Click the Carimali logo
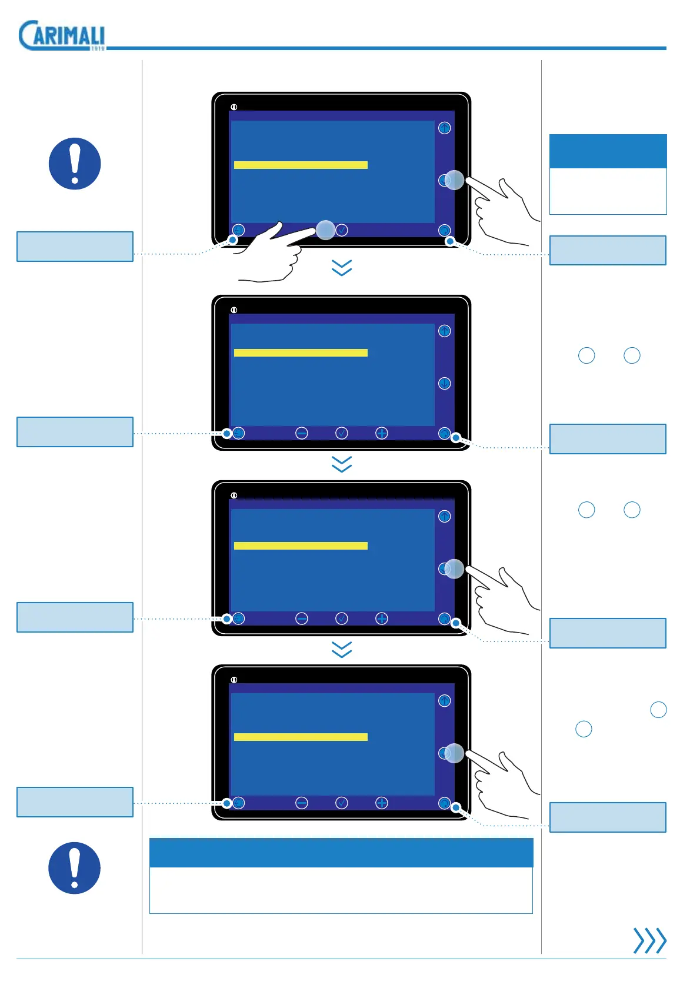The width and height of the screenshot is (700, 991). pyautogui.click(x=62, y=35)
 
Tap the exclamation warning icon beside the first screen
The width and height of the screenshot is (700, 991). pyautogui.click(x=75, y=164)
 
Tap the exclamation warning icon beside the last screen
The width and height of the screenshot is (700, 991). pyautogui.click(x=75, y=868)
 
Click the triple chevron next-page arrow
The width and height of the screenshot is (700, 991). pyautogui.click(x=649, y=940)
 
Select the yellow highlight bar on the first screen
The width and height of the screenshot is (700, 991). pyautogui.click(x=301, y=165)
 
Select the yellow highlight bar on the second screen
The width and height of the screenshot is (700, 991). pyautogui.click(x=301, y=353)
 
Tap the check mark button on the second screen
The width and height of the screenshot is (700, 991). pyautogui.click(x=341, y=433)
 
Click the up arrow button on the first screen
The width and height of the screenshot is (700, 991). pyautogui.click(x=445, y=128)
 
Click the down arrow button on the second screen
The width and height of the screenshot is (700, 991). pyautogui.click(x=445, y=384)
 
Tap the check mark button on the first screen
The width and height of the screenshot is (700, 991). pyautogui.click(x=341, y=230)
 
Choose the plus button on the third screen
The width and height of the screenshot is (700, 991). pyautogui.click(x=382, y=618)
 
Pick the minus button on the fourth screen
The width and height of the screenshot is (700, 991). pyautogui.click(x=302, y=803)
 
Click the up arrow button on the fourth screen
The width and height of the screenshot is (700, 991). pyautogui.click(x=445, y=701)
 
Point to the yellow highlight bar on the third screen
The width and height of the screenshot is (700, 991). pyautogui.click(x=301, y=546)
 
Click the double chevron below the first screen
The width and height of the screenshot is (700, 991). pyautogui.click(x=342, y=268)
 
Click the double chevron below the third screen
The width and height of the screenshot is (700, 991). pyautogui.click(x=342, y=649)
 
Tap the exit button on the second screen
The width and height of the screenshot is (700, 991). pyautogui.click(x=238, y=433)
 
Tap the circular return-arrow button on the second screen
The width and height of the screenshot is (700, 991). pyautogui.click(x=445, y=433)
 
